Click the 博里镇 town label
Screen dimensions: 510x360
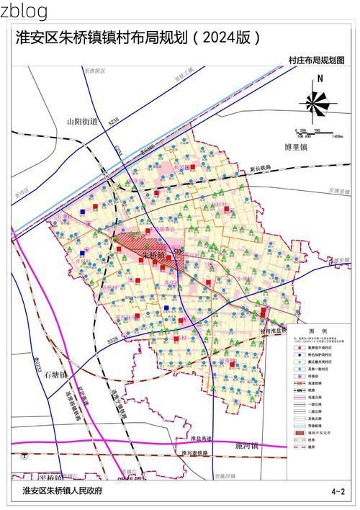pyautogui.click(x=296, y=147)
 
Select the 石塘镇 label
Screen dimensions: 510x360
pyautogui.click(x=53, y=375)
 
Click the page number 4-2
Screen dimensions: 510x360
pyautogui.click(x=338, y=491)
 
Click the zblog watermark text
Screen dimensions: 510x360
pyautogui.click(x=24, y=11)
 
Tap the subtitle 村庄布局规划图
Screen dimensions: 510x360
pyautogui.click(x=316, y=59)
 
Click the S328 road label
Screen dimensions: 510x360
pyautogui.click(x=111, y=338)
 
